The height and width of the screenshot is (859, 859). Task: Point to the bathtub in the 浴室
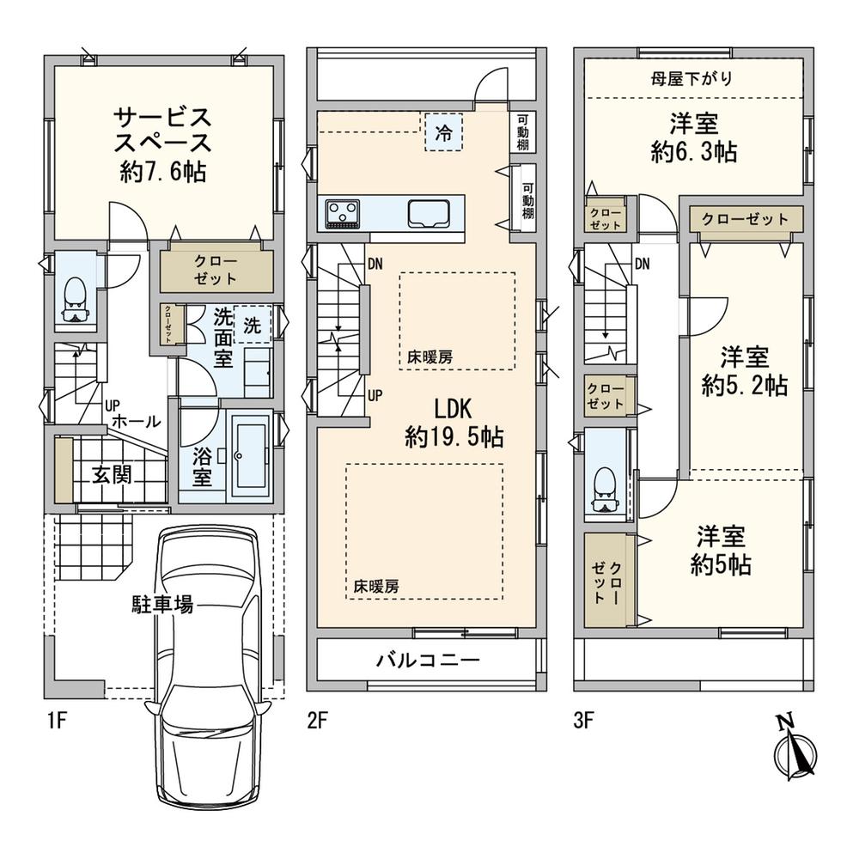pyautogui.click(x=250, y=455)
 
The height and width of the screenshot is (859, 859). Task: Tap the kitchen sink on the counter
pyautogui.click(x=428, y=212)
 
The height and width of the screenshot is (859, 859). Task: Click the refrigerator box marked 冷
pyautogui.click(x=444, y=133)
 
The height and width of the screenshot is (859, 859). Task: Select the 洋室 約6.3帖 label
pyautogui.click(x=693, y=137)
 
